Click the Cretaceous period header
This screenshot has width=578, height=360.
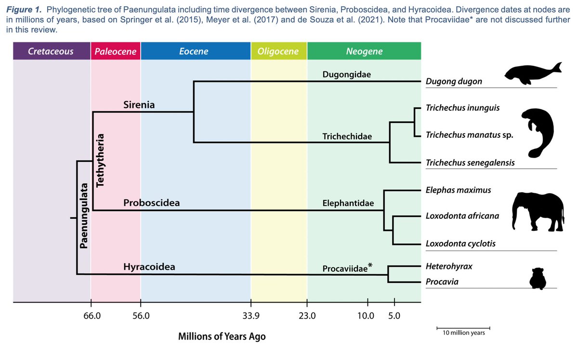click(x=52, y=51)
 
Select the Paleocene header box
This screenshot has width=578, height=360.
click(x=116, y=51)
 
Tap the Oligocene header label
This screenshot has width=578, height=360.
click(x=278, y=51)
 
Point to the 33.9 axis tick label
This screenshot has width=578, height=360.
click(x=251, y=316)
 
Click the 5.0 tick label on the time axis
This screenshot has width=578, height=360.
click(x=394, y=316)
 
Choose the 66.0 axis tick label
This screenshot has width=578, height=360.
click(x=92, y=316)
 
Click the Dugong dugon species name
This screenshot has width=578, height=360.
click(x=454, y=81)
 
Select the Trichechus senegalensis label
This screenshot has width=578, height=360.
click(x=470, y=163)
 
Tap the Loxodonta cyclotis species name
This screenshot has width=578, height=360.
click(x=460, y=243)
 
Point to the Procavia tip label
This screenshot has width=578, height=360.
click(x=442, y=281)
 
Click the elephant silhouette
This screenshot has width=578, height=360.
click(x=538, y=212)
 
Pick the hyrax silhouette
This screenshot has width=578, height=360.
click(x=538, y=279)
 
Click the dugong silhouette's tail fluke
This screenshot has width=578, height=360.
click(x=557, y=67)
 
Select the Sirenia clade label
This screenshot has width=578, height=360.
click(x=139, y=105)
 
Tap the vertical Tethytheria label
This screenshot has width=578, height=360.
click(x=100, y=160)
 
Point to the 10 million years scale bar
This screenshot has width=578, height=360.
click(x=463, y=328)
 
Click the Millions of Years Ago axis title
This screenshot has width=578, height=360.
click(x=222, y=336)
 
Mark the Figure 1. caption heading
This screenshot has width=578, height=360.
click(x=24, y=10)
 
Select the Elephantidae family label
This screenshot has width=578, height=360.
click(x=348, y=203)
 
